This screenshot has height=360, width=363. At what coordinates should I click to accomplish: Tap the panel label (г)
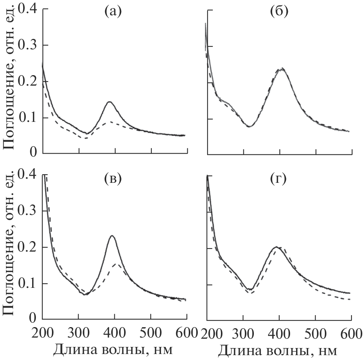278,179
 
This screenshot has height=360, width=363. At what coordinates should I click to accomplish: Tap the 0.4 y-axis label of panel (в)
29,175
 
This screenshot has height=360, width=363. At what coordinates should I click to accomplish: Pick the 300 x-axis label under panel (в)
79,331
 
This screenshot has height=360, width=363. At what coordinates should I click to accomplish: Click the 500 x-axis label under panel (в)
151,331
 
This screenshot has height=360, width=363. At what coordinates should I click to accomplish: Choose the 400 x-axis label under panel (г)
279,331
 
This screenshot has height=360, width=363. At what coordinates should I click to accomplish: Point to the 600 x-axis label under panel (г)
351,331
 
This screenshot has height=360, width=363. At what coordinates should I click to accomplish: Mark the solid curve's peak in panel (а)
109,102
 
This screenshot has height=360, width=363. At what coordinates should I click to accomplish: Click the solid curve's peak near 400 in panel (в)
112,236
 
